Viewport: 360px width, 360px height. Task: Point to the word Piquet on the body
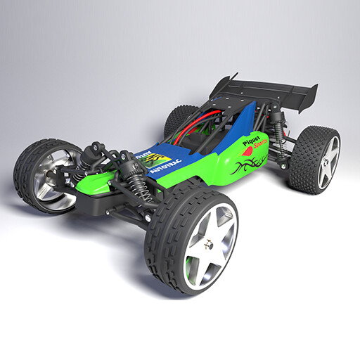(x=252, y=141)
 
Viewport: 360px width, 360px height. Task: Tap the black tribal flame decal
(x=250, y=165)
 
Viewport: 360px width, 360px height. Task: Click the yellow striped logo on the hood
(x=159, y=156)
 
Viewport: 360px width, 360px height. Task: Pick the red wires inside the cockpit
(x=193, y=130)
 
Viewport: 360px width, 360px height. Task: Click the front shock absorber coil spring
(x=140, y=186)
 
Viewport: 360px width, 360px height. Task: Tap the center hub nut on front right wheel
(x=209, y=246)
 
